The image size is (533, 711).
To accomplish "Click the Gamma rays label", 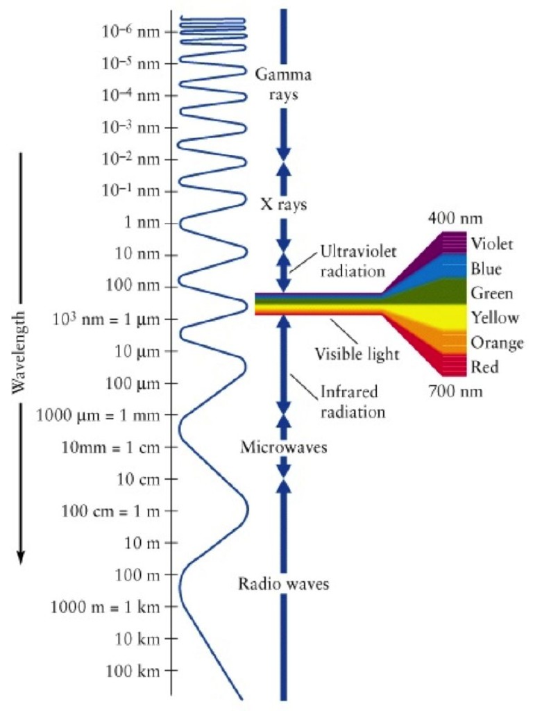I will (x=283, y=83).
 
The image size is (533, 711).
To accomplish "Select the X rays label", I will (x=283, y=205).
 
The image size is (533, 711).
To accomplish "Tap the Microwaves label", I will (x=283, y=446).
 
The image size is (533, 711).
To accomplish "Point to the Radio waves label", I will (x=283, y=584).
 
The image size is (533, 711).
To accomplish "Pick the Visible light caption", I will (x=357, y=353).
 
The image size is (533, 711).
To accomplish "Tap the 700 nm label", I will (x=455, y=392).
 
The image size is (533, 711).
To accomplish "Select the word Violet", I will (x=491, y=244).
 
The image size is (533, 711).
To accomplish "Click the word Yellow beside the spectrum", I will (x=495, y=318).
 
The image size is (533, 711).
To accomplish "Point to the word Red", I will (x=485, y=367).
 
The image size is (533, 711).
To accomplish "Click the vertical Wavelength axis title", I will (x=20, y=351).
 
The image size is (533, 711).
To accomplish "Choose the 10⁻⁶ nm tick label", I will (x=130, y=32).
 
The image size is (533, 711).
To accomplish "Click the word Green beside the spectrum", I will (x=491, y=293).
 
